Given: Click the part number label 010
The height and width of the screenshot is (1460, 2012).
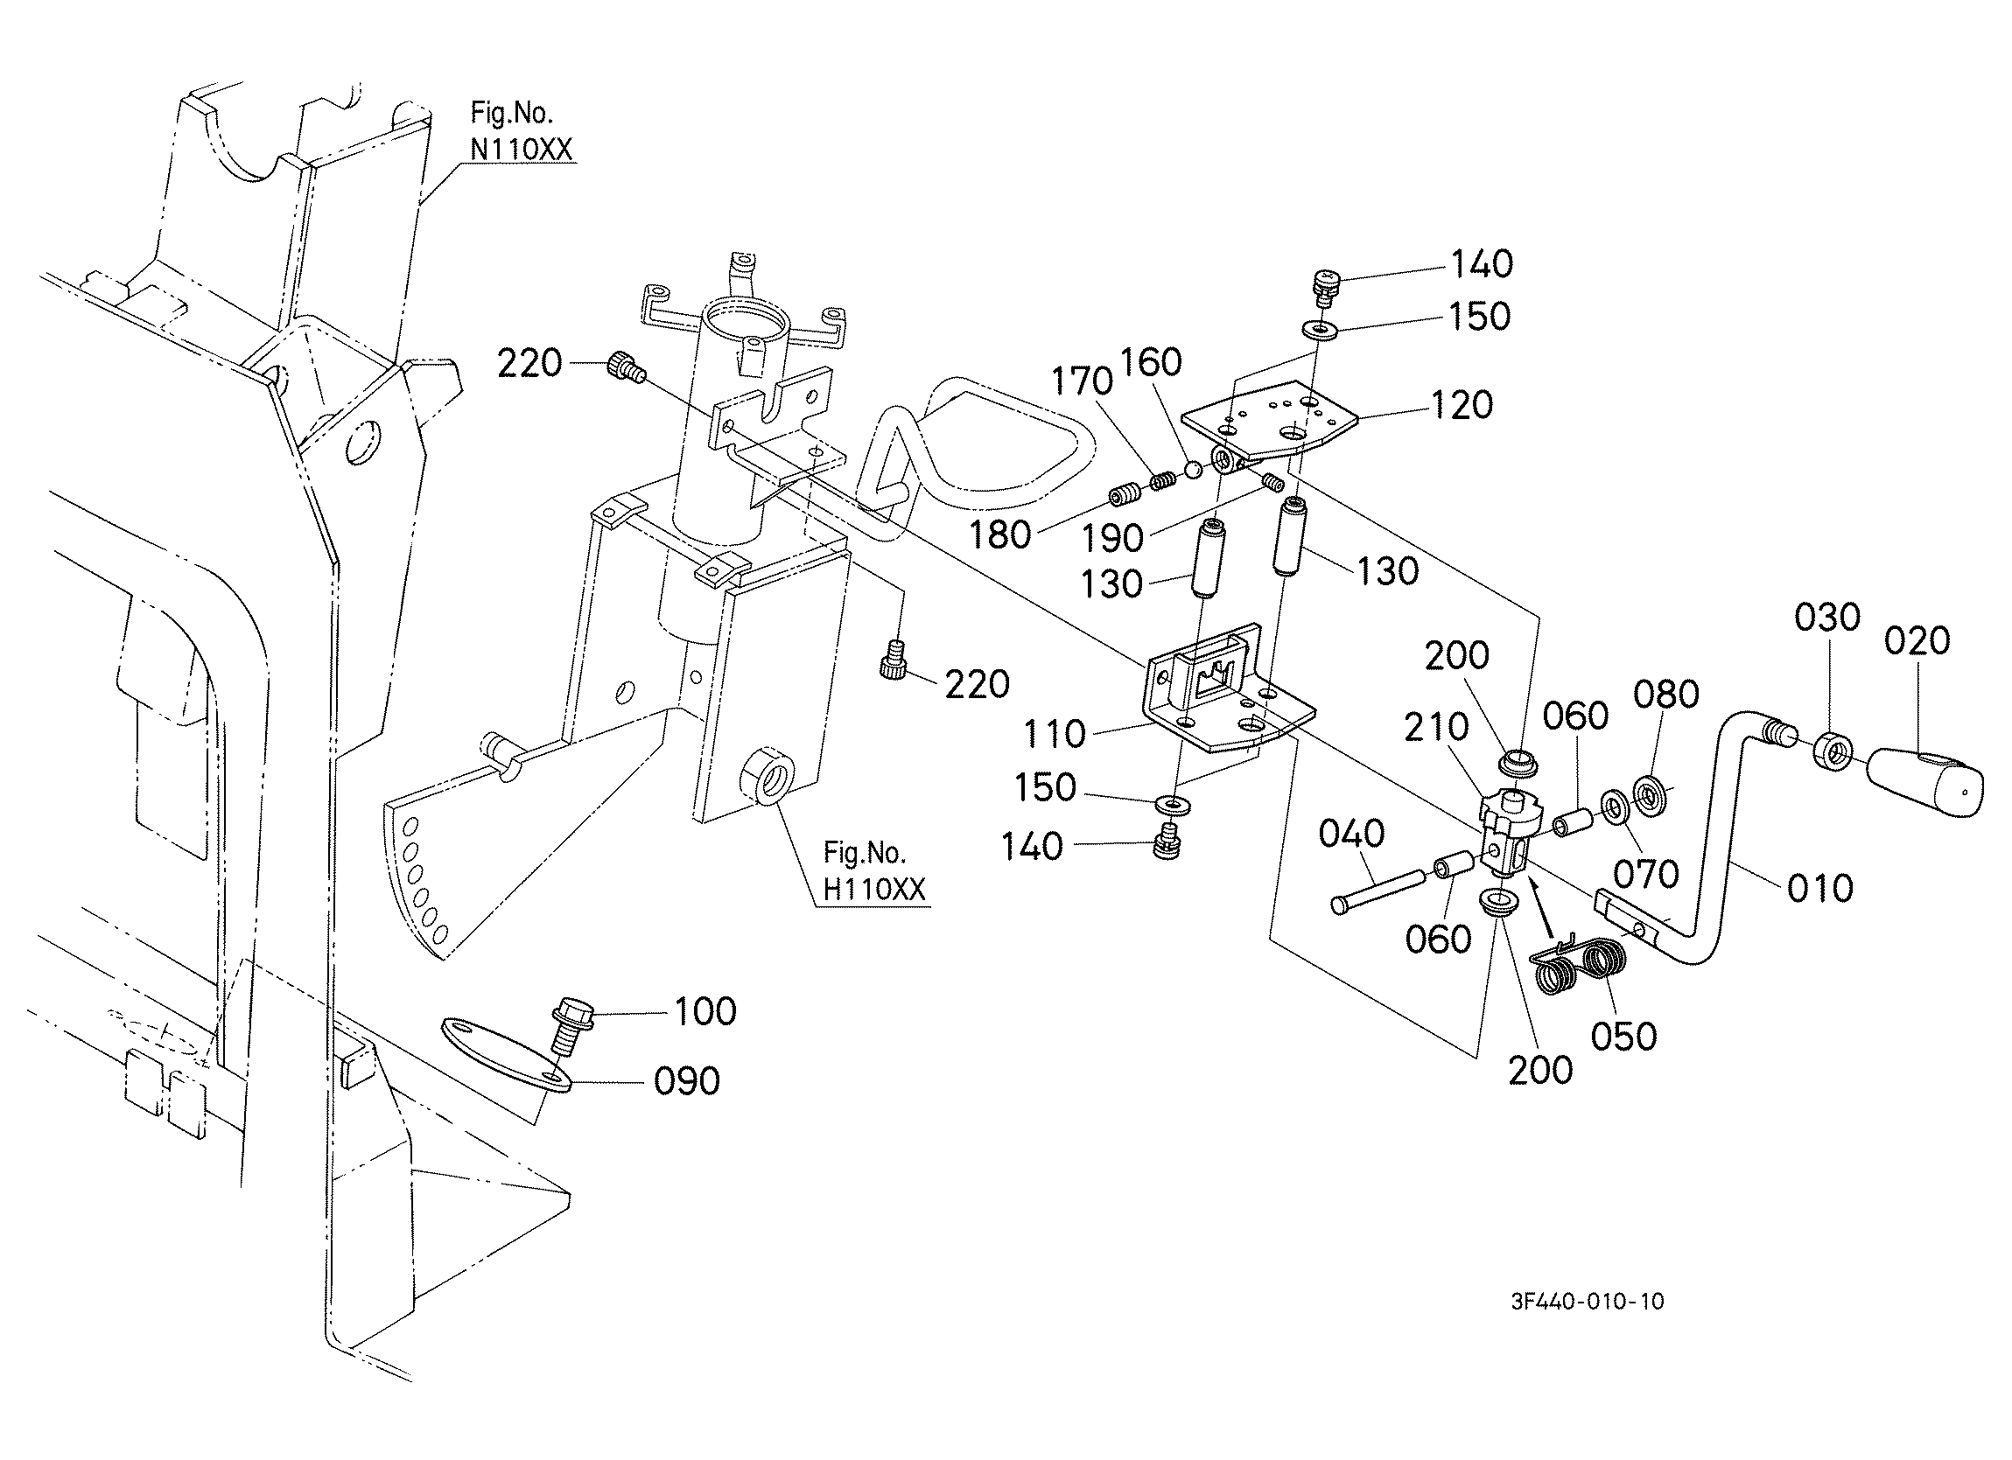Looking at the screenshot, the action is pos(1820,888).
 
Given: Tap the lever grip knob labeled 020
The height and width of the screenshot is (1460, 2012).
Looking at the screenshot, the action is pos(1925,779).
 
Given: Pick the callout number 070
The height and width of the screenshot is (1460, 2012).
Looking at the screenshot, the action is pos(1645,874).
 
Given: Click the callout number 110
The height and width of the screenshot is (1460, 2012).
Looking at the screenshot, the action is pos(1055,734).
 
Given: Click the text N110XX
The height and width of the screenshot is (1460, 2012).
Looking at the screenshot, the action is pos(522,149).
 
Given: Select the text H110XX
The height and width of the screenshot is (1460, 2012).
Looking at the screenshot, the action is pos(874,889).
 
